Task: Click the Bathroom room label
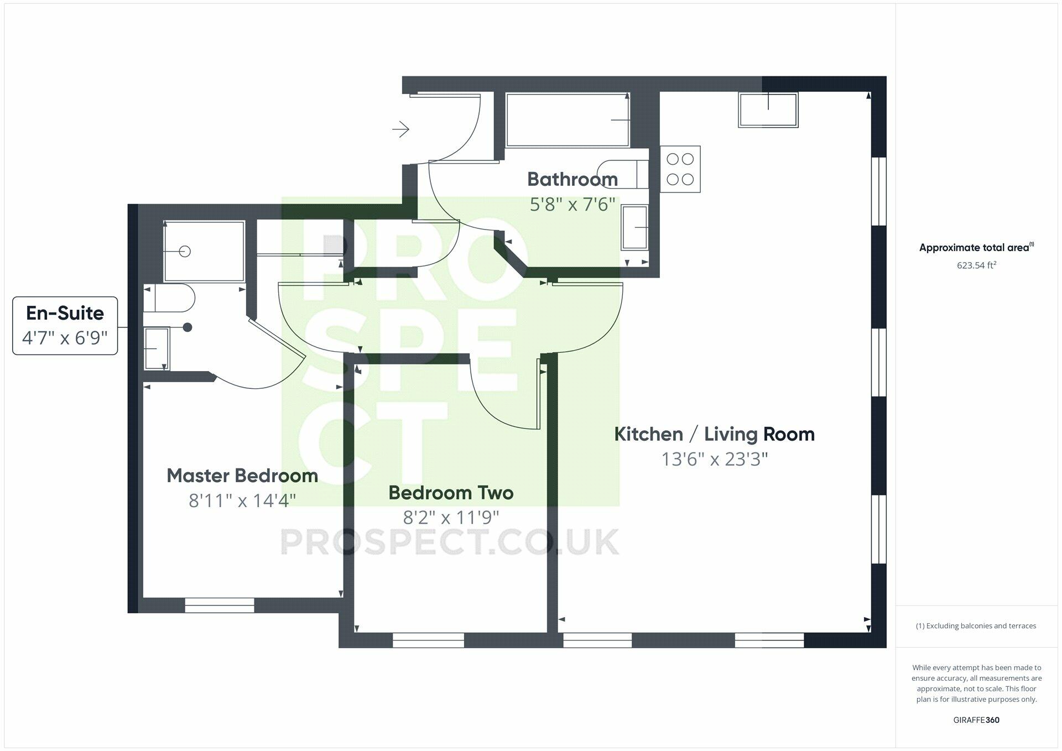point(572,179)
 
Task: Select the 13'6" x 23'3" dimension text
point(715,460)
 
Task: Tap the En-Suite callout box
point(65,325)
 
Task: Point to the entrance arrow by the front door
point(400,129)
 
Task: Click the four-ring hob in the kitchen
point(680,169)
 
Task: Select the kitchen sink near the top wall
point(768,109)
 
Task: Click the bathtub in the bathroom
point(568,119)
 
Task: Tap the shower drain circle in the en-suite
point(185,252)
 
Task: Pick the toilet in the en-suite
point(169,299)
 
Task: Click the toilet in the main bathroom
point(622,174)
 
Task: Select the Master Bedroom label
point(242,476)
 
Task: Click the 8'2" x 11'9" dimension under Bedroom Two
point(451,518)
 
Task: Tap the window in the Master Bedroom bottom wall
point(219,605)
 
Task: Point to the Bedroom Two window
point(428,640)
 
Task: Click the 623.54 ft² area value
point(976,265)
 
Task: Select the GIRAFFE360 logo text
point(976,720)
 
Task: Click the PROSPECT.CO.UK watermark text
point(449,542)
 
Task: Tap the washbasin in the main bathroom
point(634,227)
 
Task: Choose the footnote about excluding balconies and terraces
point(976,626)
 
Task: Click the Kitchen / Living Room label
point(714,434)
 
